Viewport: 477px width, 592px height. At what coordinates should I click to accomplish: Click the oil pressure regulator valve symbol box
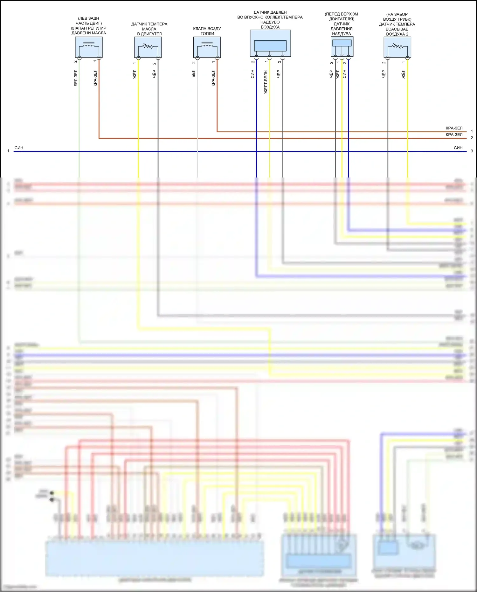(89, 47)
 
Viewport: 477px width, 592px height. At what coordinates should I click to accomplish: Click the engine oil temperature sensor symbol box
(148, 47)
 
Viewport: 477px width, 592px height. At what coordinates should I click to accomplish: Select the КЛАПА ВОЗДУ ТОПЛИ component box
(207, 47)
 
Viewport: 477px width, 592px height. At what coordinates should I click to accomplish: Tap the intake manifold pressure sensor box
(270, 43)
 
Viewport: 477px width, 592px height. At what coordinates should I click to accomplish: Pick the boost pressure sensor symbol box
(342, 46)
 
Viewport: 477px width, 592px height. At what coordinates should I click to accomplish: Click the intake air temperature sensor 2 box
(397, 47)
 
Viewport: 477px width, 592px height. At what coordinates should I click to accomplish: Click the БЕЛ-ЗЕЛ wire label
(76, 78)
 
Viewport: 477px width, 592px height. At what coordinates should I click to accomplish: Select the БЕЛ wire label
(193, 74)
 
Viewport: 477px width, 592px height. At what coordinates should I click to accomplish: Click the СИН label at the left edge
(19, 148)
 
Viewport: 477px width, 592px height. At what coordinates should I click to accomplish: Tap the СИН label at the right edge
(458, 148)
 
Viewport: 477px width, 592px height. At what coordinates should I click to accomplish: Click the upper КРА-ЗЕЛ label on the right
(454, 128)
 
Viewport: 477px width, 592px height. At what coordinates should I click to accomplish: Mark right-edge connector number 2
(472, 138)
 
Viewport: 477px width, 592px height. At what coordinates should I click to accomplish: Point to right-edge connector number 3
(472, 151)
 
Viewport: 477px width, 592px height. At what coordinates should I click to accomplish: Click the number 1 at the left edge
(8, 151)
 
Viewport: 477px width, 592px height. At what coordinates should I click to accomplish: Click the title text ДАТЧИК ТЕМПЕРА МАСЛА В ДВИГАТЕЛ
(149, 29)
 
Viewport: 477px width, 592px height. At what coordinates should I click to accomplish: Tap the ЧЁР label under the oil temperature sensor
(154, 74)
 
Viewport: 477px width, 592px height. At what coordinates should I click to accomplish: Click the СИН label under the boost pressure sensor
(344, 74)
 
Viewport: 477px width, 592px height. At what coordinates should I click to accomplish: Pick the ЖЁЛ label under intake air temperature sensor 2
(404, 74)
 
